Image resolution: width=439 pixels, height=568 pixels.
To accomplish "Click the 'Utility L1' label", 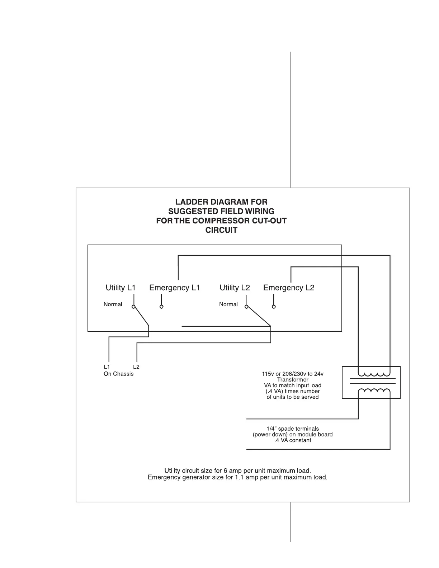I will click(121, 288).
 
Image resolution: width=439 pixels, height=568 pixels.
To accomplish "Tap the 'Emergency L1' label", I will click(174, 288).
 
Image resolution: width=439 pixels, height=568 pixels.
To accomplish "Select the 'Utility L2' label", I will click(235, 288).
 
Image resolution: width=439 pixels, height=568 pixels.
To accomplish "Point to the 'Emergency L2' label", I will click(289, 288).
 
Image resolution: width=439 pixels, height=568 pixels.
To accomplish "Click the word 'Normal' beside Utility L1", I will click(113, 304).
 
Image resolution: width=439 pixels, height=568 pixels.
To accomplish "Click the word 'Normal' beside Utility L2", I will click(228, 304).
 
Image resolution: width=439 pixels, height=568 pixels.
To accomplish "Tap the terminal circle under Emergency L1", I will click(161, 307).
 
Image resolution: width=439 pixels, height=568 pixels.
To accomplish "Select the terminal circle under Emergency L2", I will click(274, 307).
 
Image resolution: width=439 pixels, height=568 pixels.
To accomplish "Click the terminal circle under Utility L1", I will click(133, 307).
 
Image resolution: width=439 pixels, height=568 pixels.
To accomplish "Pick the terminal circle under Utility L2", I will click(246, 307).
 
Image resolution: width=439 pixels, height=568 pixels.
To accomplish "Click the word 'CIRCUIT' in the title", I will click(221, 230).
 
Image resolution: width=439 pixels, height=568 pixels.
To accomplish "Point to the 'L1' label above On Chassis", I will click(107, 367).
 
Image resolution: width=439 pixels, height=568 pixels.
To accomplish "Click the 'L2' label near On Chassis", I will click(136, 367).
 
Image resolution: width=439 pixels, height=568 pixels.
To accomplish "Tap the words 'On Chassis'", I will click(118, 374).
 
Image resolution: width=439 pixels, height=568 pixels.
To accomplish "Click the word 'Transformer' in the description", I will click(293, 380).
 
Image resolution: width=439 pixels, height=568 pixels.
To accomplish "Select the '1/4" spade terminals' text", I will click(293, 429).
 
